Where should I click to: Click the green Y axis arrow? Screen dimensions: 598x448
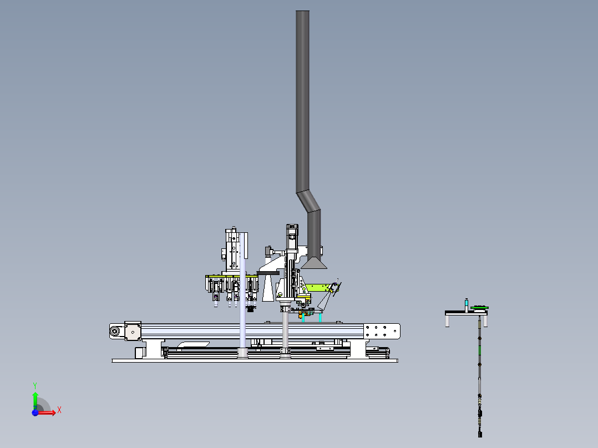(35, 400)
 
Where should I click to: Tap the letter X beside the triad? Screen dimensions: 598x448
(59, 410)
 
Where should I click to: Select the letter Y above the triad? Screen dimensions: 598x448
(35, 386)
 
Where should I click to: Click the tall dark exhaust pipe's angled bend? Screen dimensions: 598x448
(308, 201)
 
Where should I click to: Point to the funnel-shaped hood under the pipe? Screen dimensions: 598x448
(313, 263)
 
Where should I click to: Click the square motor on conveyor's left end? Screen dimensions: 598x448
(133, 331)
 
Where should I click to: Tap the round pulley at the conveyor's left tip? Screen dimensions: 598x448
(114, 332)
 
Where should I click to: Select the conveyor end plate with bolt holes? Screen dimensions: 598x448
(382, 331)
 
